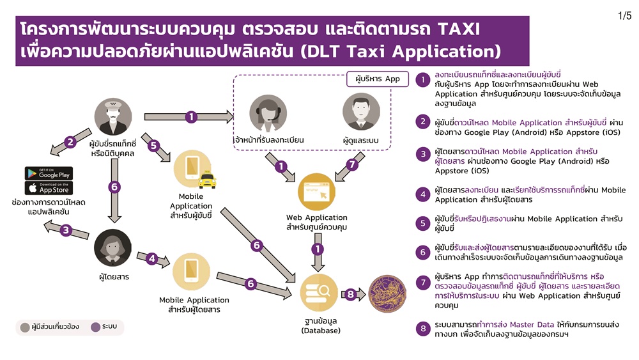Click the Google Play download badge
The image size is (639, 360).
49,173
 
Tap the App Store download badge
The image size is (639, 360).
49,188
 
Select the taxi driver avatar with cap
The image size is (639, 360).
113,116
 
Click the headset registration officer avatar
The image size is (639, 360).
268,113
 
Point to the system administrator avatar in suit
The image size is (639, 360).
361,112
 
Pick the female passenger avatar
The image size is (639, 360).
113,248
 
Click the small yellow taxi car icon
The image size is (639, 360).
208,180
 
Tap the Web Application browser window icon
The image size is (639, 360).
317,192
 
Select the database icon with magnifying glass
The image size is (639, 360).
319,293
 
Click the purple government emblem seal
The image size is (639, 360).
387,293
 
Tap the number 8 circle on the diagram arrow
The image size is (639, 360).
350,294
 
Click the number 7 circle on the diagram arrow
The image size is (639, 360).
351,164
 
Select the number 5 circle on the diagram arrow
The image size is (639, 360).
153,145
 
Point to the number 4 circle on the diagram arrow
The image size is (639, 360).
152,258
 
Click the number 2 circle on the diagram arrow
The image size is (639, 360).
70,142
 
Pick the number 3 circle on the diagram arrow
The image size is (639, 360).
66,230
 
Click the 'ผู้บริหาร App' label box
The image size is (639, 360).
378,79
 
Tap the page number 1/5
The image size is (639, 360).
624,16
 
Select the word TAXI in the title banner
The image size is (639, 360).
458,29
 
